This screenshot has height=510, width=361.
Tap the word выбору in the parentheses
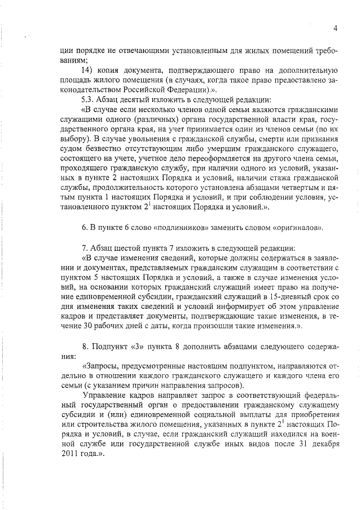click(76, 137)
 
